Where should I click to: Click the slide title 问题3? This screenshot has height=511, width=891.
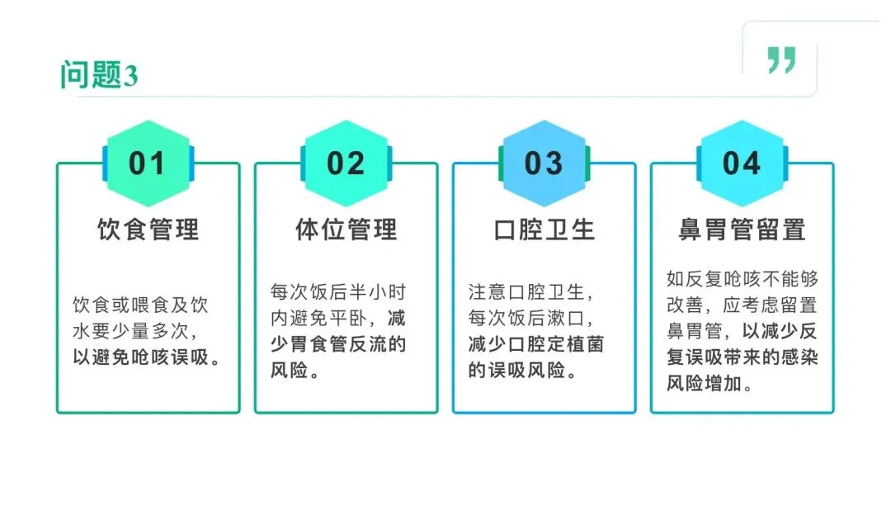pos(98,75)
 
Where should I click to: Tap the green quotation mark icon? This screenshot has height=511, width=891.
pos(780,59)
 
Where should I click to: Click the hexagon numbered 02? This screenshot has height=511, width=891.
pos(346,163)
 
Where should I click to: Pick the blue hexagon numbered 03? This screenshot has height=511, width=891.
pos(544,163)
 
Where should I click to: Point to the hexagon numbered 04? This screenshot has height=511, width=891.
pos(742,163)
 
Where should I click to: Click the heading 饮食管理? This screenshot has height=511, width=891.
pos(148,229)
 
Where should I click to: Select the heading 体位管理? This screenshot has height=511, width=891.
pos(346,229)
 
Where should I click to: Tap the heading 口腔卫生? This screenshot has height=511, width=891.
pos(544,229)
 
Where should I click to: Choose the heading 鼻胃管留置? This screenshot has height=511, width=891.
pos(742,229)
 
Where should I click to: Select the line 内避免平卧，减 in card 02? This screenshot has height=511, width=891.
pos(338,318)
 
